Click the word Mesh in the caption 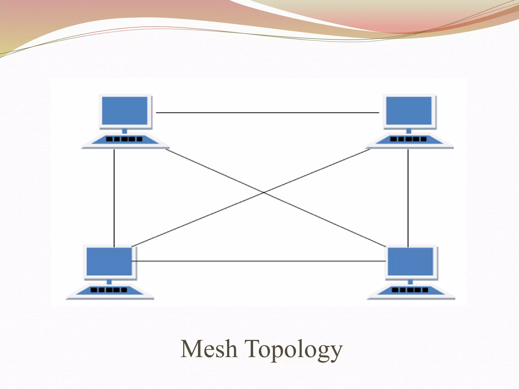coord(209,349)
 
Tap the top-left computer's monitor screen coord(125,110)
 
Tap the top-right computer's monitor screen coord(409,110)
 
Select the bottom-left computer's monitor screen coord(109,261)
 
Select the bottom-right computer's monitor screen coord(411,261)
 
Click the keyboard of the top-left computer coord(125,140)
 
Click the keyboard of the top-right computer coord(409,140)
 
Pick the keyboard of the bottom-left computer coord(109,290)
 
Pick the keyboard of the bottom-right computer coord(411,290)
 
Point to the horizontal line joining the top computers coord(267,112)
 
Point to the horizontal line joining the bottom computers coord(258,261)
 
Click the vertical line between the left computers coord(114,198)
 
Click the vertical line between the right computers coord(408,198)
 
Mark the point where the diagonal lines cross coord(264,192)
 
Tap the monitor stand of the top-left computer coord(125,131)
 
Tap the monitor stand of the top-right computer coord(409,131)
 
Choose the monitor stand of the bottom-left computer coord(109,282)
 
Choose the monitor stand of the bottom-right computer coord(411,282)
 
